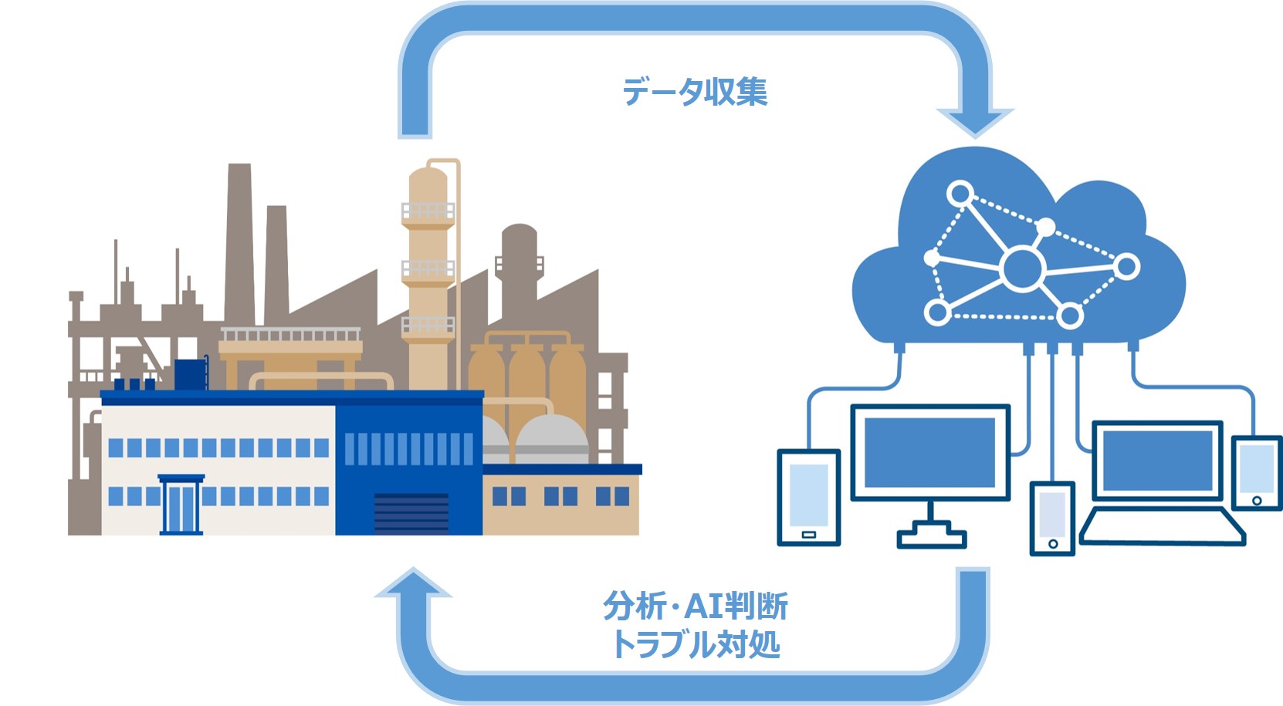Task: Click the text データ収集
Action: click(x=695, y=92)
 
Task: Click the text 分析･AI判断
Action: click(x=695, y=606)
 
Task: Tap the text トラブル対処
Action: click(x=695, y=644)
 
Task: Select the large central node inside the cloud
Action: click(x=1022, y=268)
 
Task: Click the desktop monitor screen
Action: click(x=929, y=452)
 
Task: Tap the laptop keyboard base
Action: click(x=1162, y=526)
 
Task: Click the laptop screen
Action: click(x=1157, y=461)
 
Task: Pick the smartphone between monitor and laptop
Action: click(x=1052, y=517)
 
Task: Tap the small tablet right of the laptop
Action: click(x=1256, y=473)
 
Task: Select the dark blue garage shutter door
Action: click(x=411, y=514)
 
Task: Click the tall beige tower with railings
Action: click(x=428, y=270)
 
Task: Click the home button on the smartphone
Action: click(x=1052, y=544)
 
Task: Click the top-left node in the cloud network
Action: click(x=960, y=193)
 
